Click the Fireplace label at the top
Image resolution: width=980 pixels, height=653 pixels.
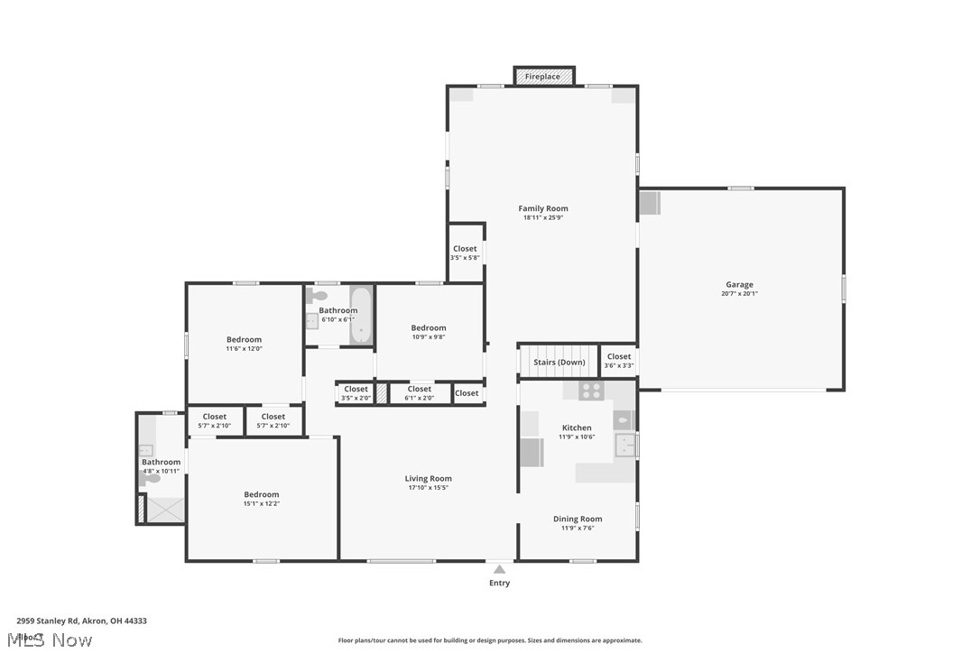[x=542, y=77]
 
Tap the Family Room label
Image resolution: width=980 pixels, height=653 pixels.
[x=543, y=208]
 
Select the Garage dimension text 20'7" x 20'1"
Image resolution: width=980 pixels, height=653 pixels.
[x=739, y=294]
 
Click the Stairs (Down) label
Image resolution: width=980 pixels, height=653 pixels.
[x=559, y=363]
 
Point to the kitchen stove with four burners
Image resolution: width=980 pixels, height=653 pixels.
[x=590, y=391]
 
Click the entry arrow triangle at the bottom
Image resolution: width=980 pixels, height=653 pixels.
[x=499, y=569]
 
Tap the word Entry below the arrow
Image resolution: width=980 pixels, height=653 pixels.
[x=499, y=584]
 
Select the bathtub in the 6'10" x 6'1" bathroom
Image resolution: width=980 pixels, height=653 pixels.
[x=361, y=316]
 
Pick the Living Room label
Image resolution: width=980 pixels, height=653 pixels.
[x=428, y=479]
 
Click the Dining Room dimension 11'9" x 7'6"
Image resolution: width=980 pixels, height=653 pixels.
[x=577, y=529]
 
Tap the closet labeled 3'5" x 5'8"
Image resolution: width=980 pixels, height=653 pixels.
[x=465, y=253]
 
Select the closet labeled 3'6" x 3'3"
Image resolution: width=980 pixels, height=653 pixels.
[x=619, y=361]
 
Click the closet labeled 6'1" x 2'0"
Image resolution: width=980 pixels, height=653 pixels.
[x=420, y=393]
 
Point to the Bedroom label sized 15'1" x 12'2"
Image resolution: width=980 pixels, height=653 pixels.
[x=261, y=494]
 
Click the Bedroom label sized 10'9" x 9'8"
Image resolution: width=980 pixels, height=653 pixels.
[x=428, y=328]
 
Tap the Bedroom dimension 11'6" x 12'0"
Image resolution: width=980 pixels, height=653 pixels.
[x=244, y=349]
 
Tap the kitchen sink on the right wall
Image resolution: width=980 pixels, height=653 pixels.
[x=625, y=445]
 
